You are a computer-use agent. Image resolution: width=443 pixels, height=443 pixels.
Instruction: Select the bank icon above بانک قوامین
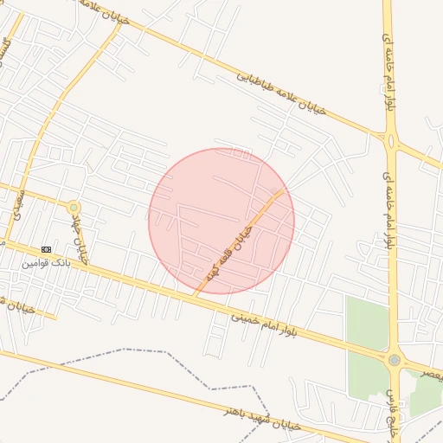(x=46, y=249)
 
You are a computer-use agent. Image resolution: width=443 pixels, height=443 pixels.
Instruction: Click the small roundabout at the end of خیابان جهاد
(x=74, y=208)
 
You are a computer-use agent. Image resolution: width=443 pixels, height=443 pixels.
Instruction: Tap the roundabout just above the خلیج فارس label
(x=395, y=359)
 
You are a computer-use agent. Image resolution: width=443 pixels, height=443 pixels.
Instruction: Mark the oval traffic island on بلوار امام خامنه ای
(x=391, y=140)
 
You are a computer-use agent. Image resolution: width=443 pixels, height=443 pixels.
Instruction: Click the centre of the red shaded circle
(x=221, y=221)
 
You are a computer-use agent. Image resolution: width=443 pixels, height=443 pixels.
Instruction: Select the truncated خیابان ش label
(x=16, y=305)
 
